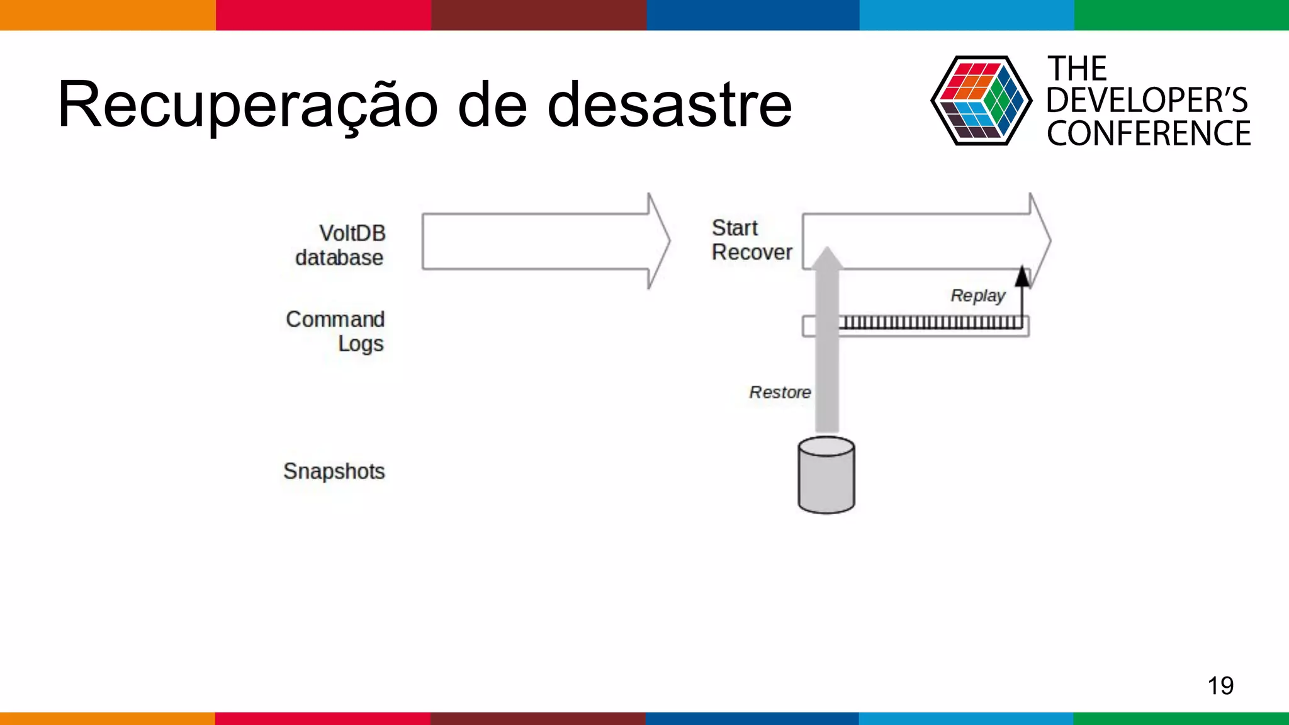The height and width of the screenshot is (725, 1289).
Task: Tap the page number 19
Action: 1220,685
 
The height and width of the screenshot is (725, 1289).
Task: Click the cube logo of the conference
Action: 981,101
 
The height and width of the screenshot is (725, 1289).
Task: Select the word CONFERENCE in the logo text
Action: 1149,134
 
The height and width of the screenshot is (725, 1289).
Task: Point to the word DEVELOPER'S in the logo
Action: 1147,101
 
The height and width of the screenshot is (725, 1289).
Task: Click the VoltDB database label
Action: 341,245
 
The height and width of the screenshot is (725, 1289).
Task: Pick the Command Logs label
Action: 336,331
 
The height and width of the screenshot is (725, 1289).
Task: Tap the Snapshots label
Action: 334,471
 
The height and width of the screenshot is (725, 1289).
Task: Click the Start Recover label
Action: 751,240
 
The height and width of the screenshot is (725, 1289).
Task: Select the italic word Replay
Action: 977,295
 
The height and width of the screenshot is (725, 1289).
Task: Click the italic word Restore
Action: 779,392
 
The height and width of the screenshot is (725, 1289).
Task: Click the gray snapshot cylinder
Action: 826,476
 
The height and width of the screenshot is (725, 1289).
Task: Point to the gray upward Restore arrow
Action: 826,352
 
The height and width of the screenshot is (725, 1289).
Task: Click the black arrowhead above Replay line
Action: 1023,277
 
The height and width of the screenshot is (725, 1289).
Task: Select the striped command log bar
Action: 932,323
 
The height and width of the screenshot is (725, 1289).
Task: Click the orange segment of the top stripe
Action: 107,14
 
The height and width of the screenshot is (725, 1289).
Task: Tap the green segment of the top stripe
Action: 1181,14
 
